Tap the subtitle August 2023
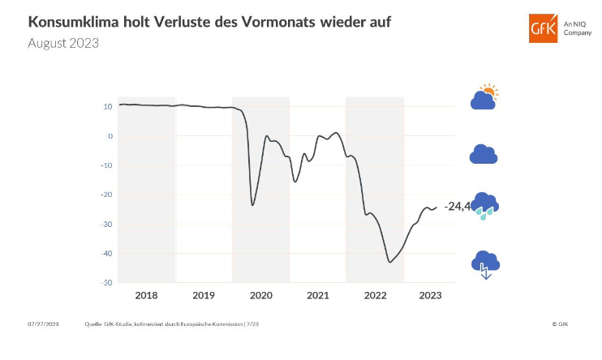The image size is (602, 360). coord(63,43)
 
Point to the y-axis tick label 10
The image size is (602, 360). coord(107,106)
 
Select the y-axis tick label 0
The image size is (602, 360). coord(110,136)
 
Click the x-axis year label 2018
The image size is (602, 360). coord(147,295)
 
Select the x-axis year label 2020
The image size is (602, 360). coord(260,295)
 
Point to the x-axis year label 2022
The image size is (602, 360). coord(374,295)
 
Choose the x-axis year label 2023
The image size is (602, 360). coord(430,295)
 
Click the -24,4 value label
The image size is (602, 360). coord(457,207)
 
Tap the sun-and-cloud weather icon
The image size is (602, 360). coord(484,96)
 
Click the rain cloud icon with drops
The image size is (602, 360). coord(484,206)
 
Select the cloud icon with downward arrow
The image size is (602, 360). coord(485,264)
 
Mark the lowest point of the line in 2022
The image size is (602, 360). coord(390,262)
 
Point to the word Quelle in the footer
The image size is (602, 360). coord(93,324)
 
